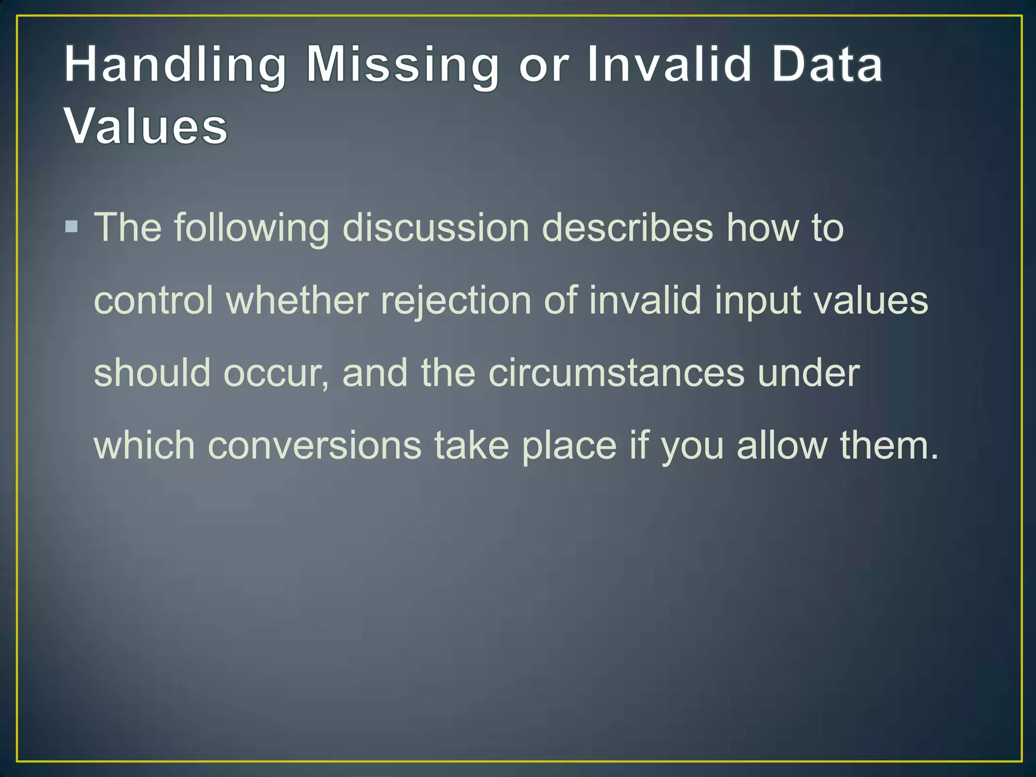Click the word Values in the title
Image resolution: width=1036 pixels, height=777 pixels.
(x=146, y=126)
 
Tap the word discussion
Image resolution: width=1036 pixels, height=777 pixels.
(x=436, y=228)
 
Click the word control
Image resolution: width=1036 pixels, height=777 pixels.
(x=153, y=300)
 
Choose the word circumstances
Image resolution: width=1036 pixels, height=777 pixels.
(x=616, y=373)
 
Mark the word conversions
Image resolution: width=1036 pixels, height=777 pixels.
(x=314, y=446)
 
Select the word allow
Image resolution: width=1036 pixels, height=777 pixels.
(x=782, y=446)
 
